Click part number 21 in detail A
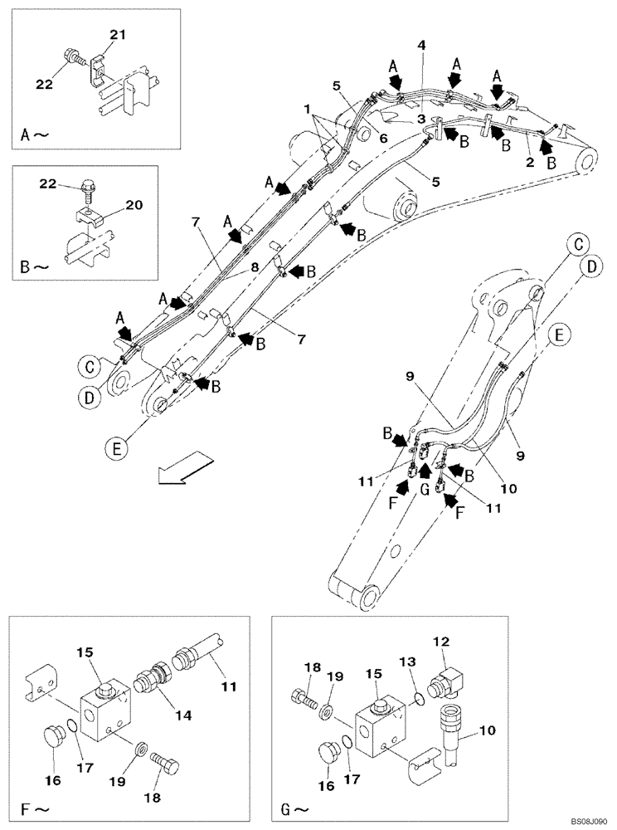pyautogui.click(x=117, y=35)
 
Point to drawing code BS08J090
pyautogui.click(x=581, y=821)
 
